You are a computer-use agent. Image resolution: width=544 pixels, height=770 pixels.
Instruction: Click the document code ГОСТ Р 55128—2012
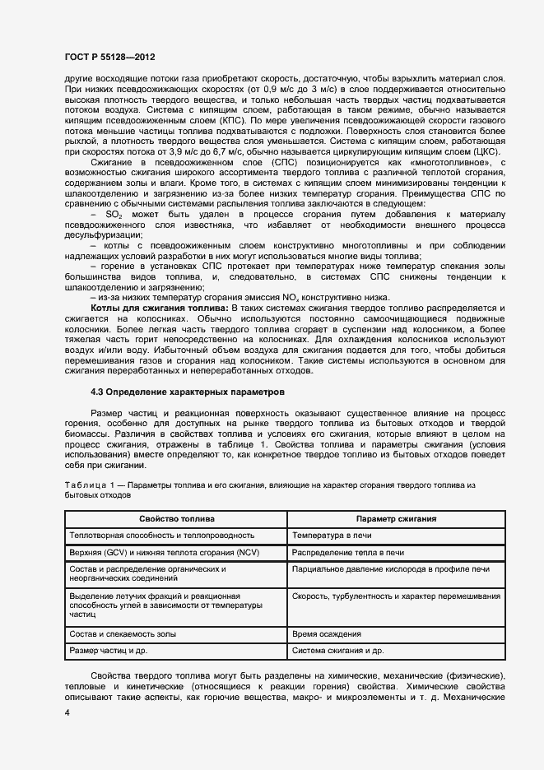click(109, 58)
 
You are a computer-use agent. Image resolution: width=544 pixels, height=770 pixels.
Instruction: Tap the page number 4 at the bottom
click(67, 713)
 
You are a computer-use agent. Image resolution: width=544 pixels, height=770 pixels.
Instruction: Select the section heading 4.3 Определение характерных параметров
click(188, 392)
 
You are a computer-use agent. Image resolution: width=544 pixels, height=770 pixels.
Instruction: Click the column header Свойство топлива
click(177, 519)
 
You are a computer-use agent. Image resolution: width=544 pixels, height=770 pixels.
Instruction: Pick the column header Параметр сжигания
click(396, 519)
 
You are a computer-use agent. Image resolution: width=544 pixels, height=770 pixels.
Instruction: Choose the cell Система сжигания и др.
click(337, 651)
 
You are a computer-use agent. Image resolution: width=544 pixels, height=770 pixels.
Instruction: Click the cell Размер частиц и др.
click(109, 651)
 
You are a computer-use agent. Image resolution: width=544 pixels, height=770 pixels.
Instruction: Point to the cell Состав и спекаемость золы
click(124, 634)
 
